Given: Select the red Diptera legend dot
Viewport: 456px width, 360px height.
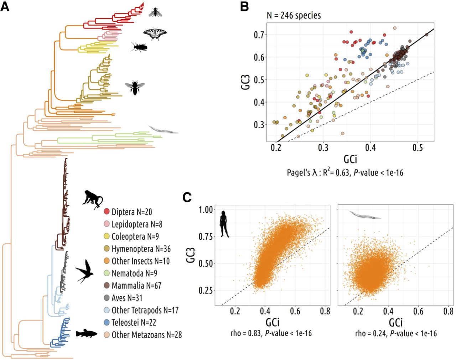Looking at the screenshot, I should point(107,212).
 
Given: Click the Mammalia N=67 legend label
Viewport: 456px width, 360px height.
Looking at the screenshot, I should point(136,286).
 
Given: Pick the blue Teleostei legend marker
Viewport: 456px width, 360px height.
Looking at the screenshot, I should point(107,323).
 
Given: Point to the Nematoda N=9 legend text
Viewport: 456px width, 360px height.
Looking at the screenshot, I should point(134,273).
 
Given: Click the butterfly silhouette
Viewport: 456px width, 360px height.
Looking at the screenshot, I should point(155,33).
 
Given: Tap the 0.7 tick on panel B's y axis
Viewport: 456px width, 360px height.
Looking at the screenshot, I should point(260,35).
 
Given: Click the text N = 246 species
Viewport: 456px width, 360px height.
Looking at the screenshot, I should point(294,15).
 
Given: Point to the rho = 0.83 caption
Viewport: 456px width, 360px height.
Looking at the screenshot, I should point(271,333).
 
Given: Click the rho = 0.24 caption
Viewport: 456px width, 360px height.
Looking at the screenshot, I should point(396,333).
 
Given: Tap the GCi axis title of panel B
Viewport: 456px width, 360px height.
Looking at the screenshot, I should point(350,159).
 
